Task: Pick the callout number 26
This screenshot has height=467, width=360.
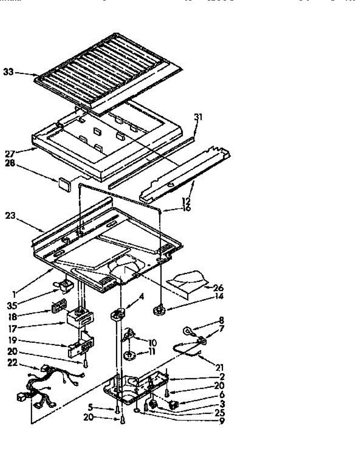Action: click(x=219, y=288)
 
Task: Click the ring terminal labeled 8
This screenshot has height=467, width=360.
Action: click(x=188, y=332)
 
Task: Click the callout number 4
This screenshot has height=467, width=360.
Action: click(x=141, y=297)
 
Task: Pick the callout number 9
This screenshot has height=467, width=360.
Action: click(x=222, y=420)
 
